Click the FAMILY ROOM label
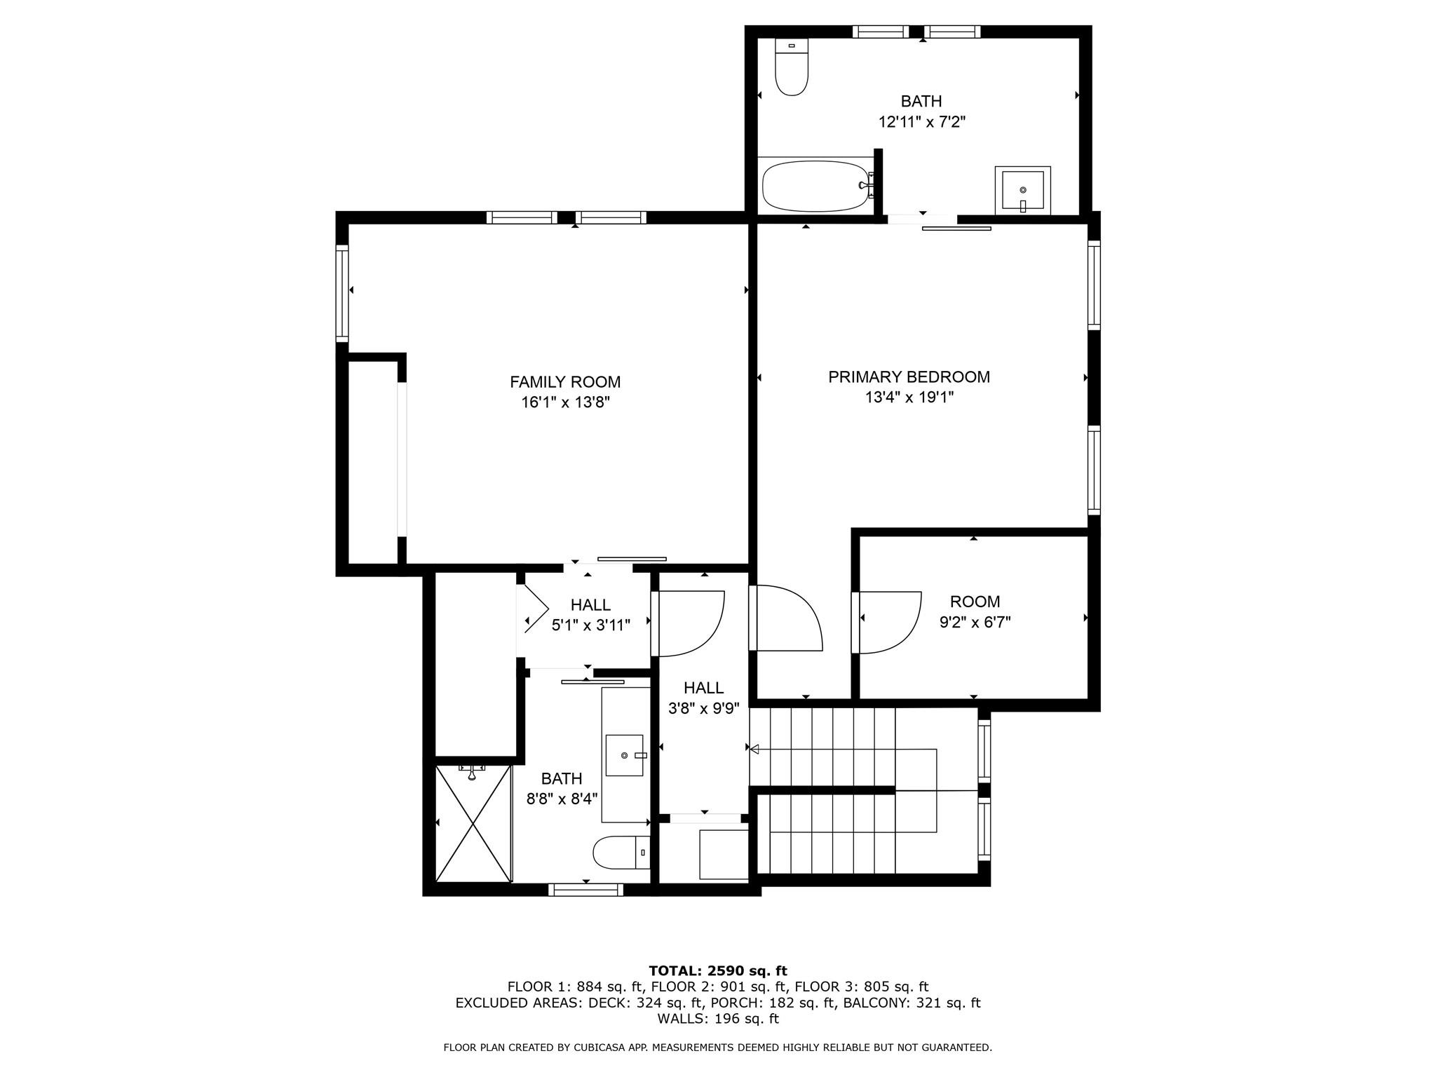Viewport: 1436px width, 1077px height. (564, 382)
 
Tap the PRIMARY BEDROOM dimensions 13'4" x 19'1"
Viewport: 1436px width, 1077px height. (909, 398)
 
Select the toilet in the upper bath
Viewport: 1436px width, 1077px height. (792, 67)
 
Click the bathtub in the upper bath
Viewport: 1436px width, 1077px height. (815, 186)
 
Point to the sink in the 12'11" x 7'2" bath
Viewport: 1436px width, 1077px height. (1022, 189)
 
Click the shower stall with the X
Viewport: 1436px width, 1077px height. (473, 823)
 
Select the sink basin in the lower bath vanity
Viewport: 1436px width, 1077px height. (624, 755)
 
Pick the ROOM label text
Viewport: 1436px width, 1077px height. (975, 602)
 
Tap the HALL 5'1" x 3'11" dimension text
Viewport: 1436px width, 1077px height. (590, 625)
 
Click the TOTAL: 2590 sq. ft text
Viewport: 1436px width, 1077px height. (717, 971)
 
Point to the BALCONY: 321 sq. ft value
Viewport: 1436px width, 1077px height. (912, 1003)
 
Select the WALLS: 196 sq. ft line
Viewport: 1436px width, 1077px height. (717, 1019)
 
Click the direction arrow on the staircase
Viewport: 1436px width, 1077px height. (755, 749)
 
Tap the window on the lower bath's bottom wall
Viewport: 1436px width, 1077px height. (585, 890)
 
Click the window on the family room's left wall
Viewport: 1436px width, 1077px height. (342, 292)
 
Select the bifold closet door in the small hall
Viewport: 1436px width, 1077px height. (533, 609)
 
